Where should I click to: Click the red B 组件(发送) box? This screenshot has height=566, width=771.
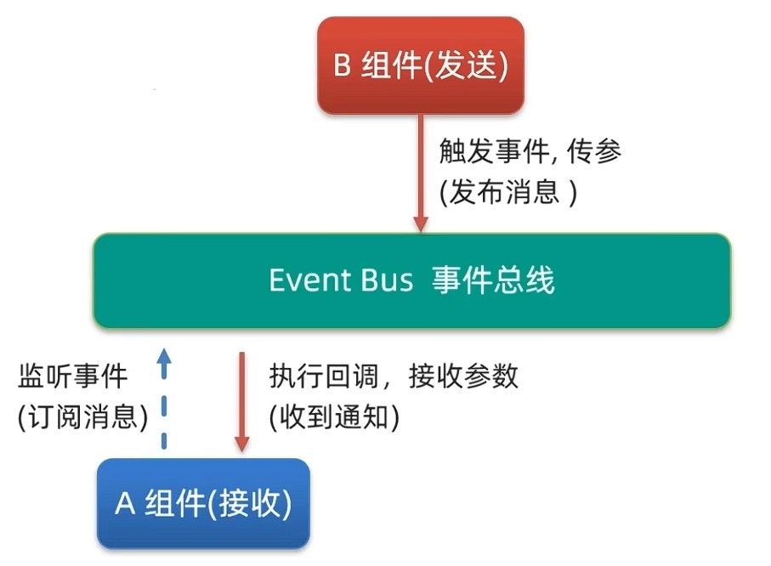pos(421,65)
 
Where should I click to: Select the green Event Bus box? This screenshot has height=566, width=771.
pos(412,280)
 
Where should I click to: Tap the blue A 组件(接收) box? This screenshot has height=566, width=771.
pos(203,503)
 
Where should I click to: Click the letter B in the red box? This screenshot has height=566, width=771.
pos(342,65)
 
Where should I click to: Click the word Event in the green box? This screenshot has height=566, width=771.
pos(309,280)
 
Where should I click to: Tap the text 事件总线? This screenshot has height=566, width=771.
pos(493,280)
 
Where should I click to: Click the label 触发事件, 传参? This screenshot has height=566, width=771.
pos(530,151)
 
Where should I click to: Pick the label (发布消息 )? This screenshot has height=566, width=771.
pos(508,192)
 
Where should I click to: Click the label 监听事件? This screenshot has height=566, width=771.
pos(73,376)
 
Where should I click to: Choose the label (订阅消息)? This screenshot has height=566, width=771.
pos(82,417)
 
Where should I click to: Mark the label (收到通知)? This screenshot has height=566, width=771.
pos(334,417)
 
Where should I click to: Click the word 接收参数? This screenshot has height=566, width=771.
pos(463,376)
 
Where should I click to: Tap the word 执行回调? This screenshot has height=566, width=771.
pos(324,376)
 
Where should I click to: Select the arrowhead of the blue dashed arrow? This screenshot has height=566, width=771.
pos(164,357)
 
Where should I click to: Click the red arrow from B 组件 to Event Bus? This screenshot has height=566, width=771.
pos(421,173)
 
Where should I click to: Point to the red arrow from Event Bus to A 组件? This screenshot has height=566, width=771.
pos(241,401)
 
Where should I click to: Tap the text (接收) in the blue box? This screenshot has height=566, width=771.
pos(250,504)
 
